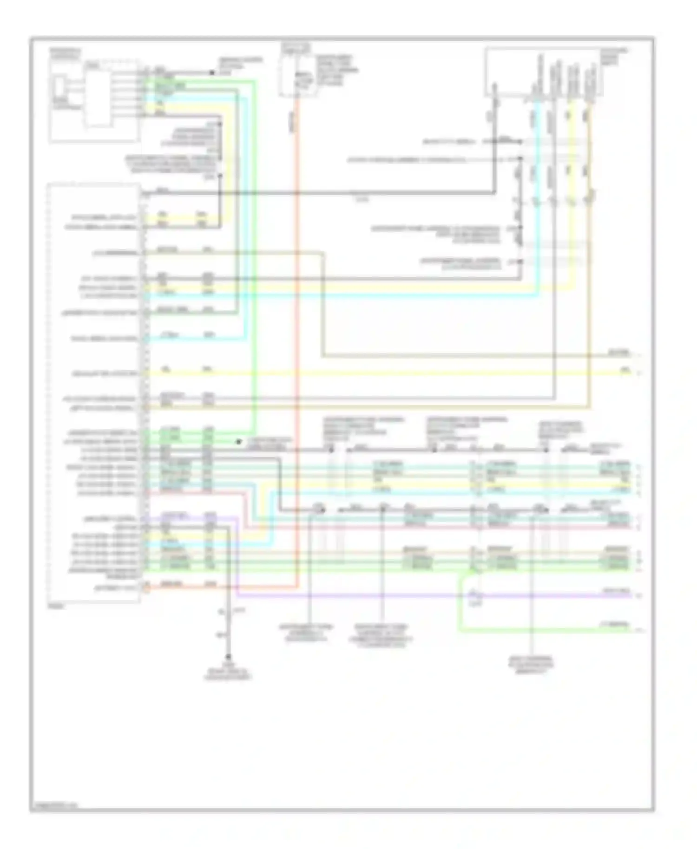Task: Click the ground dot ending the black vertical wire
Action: pyautogui.click(x=228, y=657)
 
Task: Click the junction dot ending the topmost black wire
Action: pyautogui.click(x=212, y=72)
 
